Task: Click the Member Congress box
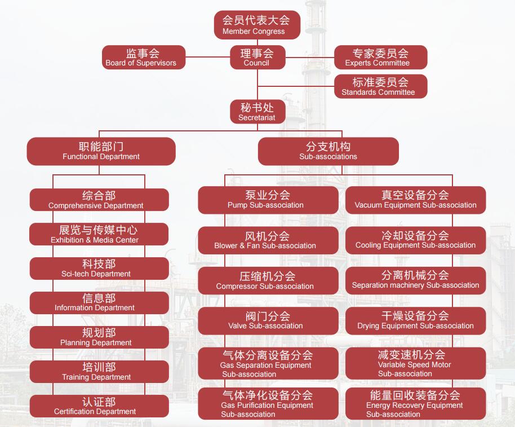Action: click(257, 25)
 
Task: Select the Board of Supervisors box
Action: click(144, 58)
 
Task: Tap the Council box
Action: click(257, 58)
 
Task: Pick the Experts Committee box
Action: click(380, 58)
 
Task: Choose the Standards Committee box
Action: click(380, 86)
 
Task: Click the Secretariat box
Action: click(257, 112)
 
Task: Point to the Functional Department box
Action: click(101, 151)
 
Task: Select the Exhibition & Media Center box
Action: click(99, 234)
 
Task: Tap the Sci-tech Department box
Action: click(99, 268)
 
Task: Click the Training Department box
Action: click(99, 372)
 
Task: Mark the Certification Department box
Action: click(99, 406)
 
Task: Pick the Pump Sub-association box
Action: click(268, 200)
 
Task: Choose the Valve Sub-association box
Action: click(268, 320)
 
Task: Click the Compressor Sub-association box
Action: click(268, 281)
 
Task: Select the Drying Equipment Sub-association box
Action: click(415, 320)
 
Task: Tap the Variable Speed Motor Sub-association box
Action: click(415, 363)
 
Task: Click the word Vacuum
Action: click(369, 205)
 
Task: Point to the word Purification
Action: click(256, 406)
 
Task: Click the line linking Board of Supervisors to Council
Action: click(208, 58)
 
